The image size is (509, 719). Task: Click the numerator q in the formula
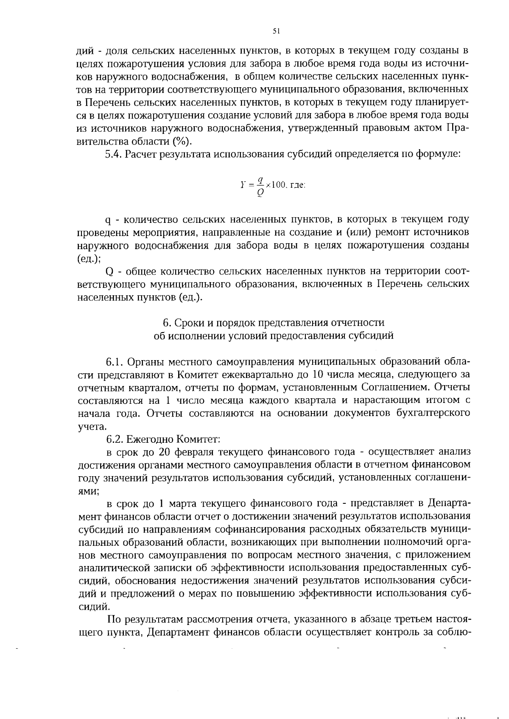[x=262, y=180]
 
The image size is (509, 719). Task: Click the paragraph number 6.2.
[x=115, y=439]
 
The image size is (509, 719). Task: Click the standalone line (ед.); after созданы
[x=89, y=258]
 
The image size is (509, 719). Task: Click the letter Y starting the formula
[x=242, y=185]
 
